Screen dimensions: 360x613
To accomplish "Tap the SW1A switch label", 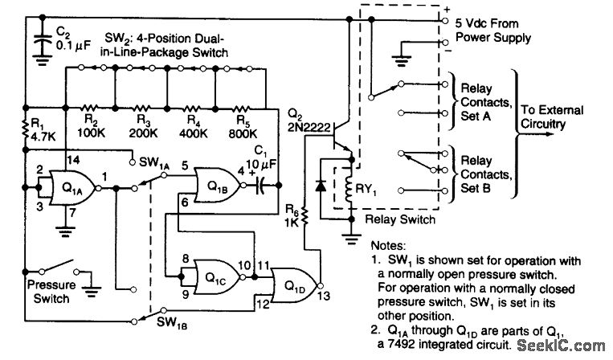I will tap(156, 163).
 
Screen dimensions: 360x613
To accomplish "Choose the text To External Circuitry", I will tap(554, 117).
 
